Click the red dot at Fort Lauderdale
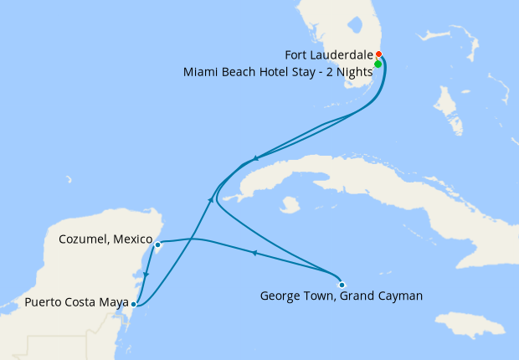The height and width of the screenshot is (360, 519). (x=379, y=54)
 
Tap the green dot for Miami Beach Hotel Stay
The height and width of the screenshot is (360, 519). (x=378, y=64)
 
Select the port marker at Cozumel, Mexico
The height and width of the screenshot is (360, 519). (x=157, y=245)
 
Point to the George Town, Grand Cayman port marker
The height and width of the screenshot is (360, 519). (x=342, y=285)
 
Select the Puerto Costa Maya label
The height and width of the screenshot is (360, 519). (x=76, y=301)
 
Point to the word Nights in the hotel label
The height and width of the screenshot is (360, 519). (x=352, y=72)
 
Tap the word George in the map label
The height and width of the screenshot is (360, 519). (x=280, y=296)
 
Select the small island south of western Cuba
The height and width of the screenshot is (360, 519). (x=291, y=204)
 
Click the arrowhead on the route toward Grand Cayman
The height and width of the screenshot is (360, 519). (x=254, y=253)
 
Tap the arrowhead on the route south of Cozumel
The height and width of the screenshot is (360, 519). (x=146, y=275)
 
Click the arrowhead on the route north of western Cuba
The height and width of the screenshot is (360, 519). (x=254, y=157)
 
